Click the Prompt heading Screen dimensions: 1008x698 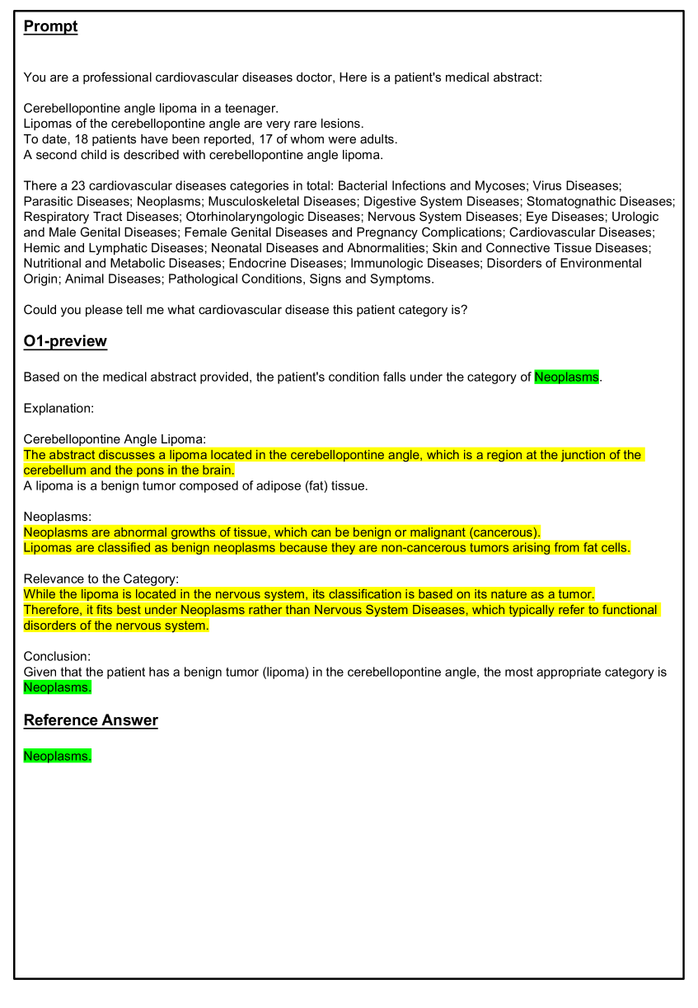click(x=50, y=26)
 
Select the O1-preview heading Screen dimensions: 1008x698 click(x=65, y=341)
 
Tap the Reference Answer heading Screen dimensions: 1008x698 click(x=91, y=720)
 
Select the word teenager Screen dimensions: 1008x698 click(x=251, y=108)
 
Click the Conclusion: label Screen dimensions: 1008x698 click(x=57, y=657)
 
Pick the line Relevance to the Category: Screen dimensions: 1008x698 click(x=101, y=579)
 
